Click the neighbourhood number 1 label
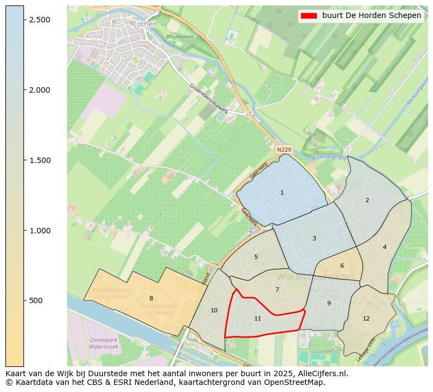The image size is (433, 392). pyautogui.click(x=282, y=192)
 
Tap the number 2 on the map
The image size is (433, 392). pyautogui.click(x=367, y=200)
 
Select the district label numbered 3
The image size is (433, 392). pyautogui.click(x=314, y=238)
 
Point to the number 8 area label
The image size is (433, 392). pyautogui.click(x=151, y=298)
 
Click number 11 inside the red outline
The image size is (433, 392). pyautogui.click(x=257, y=318)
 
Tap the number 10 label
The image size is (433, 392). pyautogui.click(x=214, y=310)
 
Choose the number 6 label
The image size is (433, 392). pyautogui.click(x=342, y=266)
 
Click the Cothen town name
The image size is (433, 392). pyautogui.click(x=145, y=24)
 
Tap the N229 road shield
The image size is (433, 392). pyautogui.click(x=284, y=149)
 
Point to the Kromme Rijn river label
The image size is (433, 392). pyautogui.click(x=329, y=157)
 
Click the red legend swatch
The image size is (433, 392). pyautogui.click(x=309, y=16)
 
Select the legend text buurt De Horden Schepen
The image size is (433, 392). pyautogui.click(x=371, y=16)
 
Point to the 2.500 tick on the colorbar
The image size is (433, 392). pyautogui.click(x=39, y=20)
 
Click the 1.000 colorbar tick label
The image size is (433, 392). pyautogui.click(x=39, y=231)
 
